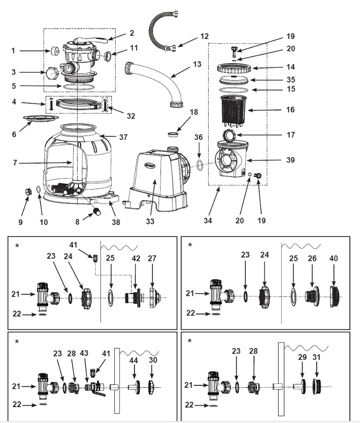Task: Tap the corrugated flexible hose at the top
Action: point(156,24)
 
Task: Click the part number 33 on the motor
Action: point(153,223)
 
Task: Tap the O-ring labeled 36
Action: point(199,166)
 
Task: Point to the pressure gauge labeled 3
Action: point(52,73)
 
